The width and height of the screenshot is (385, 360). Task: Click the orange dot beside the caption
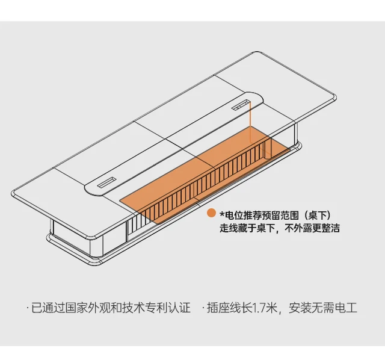tap(211, 214)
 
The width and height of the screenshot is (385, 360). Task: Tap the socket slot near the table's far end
tap(241, 105)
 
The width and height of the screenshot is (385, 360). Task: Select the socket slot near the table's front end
tap(108, 182)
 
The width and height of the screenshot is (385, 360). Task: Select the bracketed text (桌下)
tap(316, 215)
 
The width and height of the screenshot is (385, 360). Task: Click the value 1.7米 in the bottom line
tap(263, 308)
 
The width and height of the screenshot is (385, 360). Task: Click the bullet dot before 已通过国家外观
tap(27, 308)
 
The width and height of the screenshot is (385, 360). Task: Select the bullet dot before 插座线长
tap(203, 308)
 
